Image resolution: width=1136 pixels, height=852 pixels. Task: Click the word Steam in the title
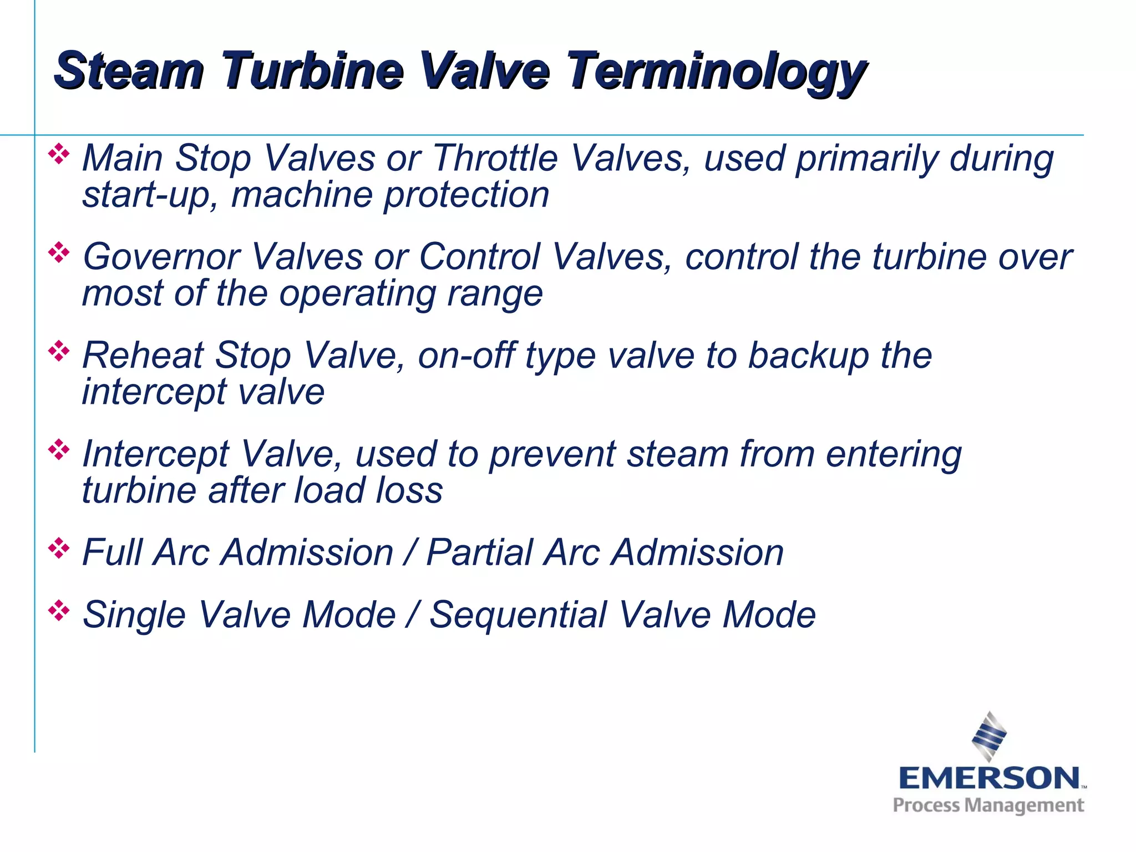point(129,70)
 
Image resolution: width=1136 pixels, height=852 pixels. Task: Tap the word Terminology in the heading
point(716,72)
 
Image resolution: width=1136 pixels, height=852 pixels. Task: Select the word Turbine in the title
point(312,70)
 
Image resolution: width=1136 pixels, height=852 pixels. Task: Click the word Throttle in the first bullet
point(495,158)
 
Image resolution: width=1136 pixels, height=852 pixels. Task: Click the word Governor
point(161,257)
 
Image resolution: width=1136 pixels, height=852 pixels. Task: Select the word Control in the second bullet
point(479,257)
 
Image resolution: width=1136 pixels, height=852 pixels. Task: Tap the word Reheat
point(143,355)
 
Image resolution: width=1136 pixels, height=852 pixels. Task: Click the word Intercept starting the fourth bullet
point(155,454)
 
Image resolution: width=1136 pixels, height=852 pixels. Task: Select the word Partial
point(479,552)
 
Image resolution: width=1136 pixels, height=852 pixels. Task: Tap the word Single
point(134,616)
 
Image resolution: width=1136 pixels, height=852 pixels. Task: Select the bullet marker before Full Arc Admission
point(59,548)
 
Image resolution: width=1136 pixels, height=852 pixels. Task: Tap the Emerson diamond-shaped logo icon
point(989,736)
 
